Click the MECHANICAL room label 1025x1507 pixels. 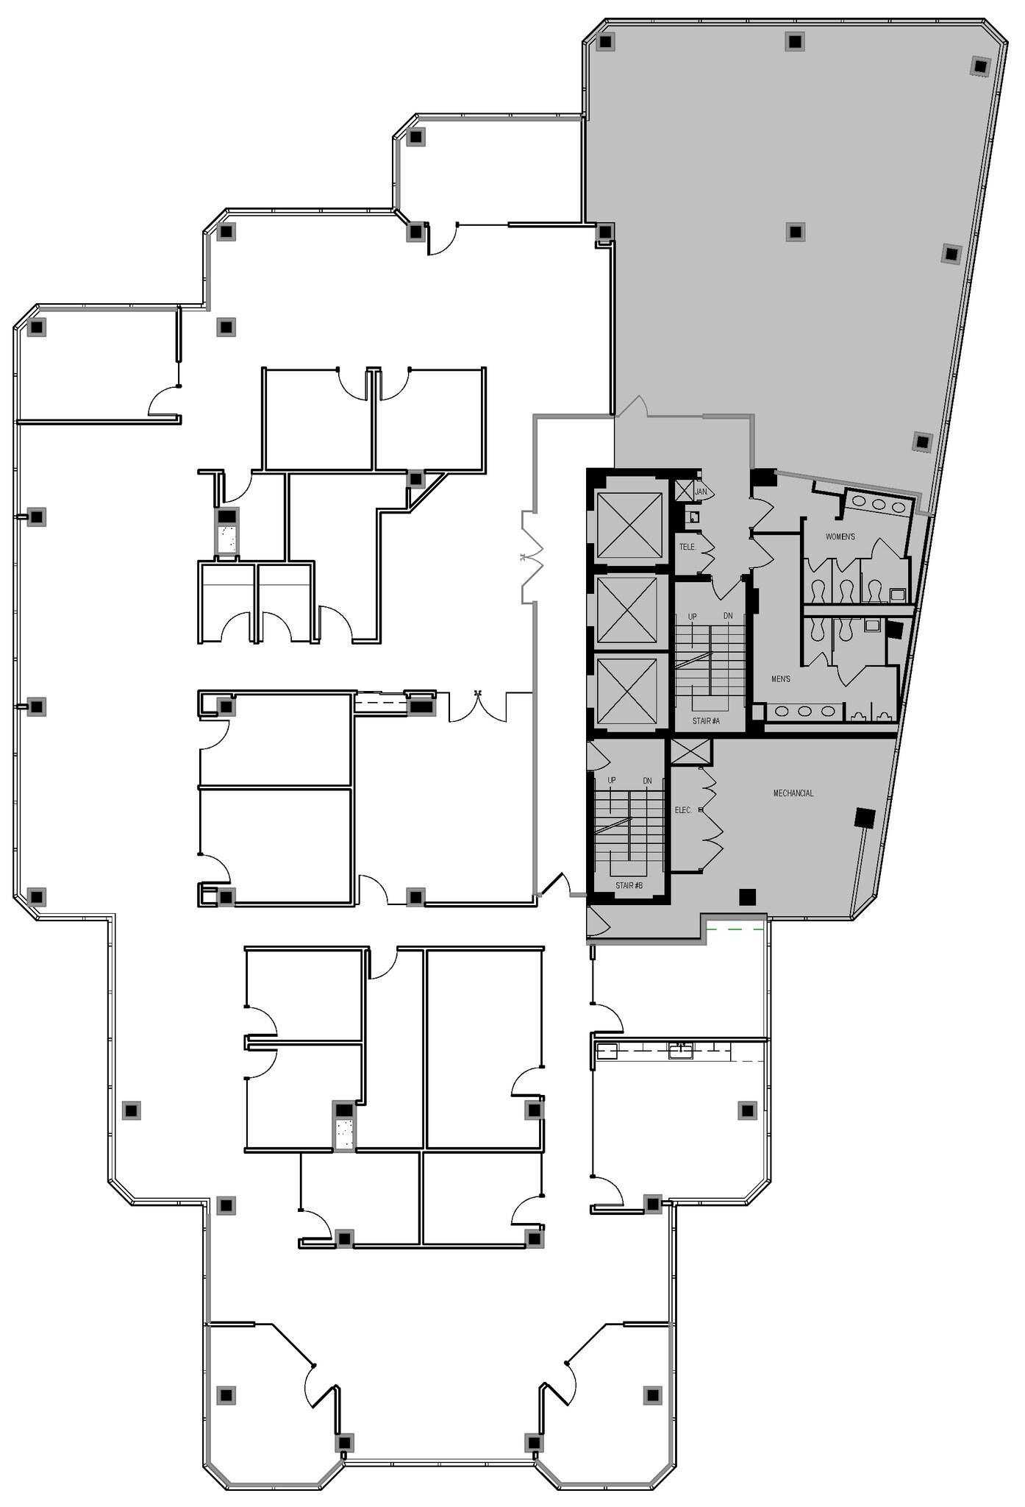click(x=793, y=793)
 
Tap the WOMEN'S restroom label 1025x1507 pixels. click(x=840, y=536)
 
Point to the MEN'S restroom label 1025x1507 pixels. click(x=780, y=678)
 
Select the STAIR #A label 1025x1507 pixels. click(x=706, y=721)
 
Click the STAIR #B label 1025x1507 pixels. click(x=629, y=885)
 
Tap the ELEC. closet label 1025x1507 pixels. click(x=683, y=810)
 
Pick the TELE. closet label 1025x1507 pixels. click(x=687, y=547)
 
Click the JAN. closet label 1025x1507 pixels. click(x=701, y=492)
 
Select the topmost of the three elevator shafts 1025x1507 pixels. click(x=629, y=525)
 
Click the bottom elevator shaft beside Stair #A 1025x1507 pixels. click(x=627, y=691)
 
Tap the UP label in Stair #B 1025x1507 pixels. click(x=612, y=780)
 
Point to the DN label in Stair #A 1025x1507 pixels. click(x=728, y=616)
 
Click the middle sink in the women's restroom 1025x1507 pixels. click(x=879, y=505)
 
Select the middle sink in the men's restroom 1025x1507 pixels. click(x=804, y=712)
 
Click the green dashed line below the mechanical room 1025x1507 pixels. click(x=735, y=930)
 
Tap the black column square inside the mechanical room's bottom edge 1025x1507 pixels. click(x=747, y=896)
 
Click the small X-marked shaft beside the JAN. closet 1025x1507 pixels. click(x=684, y=490)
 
